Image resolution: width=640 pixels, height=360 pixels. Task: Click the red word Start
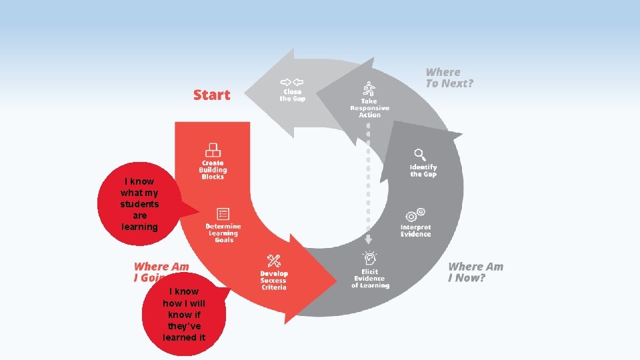(x=211, y=95)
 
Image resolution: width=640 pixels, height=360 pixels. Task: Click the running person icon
(x=369, y=89)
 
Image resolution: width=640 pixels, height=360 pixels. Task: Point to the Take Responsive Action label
(x=370, y=108)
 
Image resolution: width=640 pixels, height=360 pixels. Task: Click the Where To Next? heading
(x=449, y=77)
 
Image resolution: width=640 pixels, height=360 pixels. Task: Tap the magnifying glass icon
(x=419, y=155)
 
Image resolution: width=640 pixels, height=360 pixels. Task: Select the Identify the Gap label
(x=423, y=171)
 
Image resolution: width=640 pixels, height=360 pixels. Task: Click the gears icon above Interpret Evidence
(x=415, y=215)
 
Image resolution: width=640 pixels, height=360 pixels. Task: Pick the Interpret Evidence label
(x=415, y=231)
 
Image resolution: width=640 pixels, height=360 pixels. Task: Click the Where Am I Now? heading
(x=475, y=272)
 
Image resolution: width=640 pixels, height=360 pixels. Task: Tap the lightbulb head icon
(x=369, y=257)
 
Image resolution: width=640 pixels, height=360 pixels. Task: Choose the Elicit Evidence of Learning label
(x=370, y=279)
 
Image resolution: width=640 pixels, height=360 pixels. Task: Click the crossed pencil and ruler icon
(x=274, y=261)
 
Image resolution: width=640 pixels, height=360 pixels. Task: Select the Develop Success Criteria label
(x=274, y=281)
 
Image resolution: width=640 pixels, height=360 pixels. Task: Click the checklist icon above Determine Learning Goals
(x=223, y=214)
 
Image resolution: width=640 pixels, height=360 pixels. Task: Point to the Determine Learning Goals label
(x=223, y=233)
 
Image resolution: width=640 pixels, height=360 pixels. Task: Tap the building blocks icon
(x=213, y=150)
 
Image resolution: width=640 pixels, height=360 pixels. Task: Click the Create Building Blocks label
(x=213, y=170)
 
